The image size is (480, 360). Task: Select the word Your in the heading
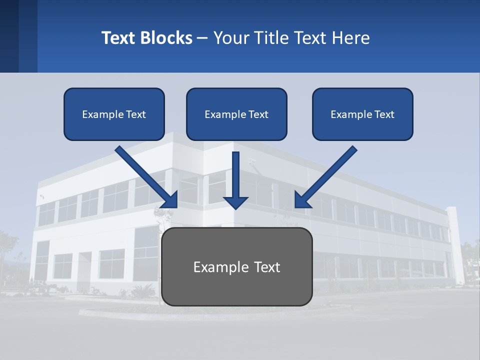click(231, 38)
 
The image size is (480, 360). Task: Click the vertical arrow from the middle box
click(235, 175)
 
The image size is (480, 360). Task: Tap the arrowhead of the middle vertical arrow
click(235, 202)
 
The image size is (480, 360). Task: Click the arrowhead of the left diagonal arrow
click(171, 201)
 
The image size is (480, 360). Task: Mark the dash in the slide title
click(202, 38)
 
